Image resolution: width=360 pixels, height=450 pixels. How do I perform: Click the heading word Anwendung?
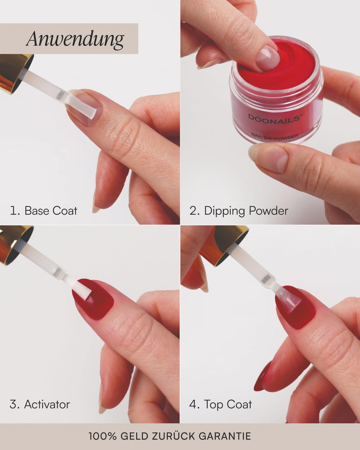(x=75, y=39)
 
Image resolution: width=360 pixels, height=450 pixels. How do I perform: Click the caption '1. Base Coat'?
(x=44, y=211)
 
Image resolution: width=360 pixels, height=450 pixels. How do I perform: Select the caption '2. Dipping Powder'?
(x=239, y=211)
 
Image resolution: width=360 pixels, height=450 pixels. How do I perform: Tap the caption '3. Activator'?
(x=40, y=404)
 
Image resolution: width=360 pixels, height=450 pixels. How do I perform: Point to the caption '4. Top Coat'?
(x=220, y=404)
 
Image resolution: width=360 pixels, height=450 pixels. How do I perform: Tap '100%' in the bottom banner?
(x=102, y=436)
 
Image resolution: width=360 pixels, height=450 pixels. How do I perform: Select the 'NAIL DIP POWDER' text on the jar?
(x=275, y=135)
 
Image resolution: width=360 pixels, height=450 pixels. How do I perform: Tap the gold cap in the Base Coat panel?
(x=14, y=72)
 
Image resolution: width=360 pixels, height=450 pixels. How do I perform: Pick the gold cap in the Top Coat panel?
(x=229, y=243)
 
